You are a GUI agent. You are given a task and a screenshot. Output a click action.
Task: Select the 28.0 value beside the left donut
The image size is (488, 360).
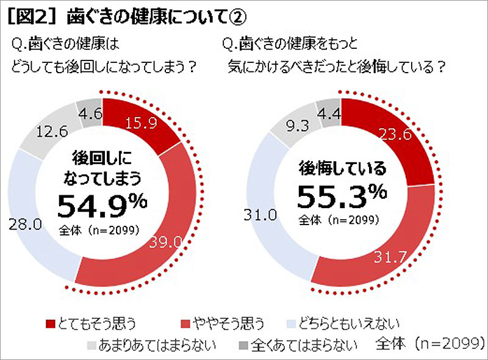point(26,224)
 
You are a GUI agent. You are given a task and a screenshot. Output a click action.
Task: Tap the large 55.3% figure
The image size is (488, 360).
point(342,195)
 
